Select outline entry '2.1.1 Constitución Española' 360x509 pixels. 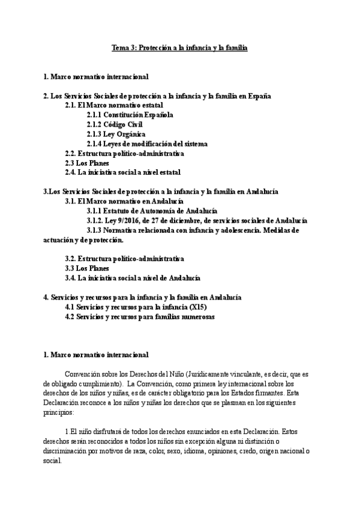(130, 115)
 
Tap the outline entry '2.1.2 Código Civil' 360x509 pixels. (115, 124)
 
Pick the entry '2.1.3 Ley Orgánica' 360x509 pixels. (116, 134)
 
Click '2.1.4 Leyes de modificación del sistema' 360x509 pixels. (147, 143)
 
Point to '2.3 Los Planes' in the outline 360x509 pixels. (87, 163)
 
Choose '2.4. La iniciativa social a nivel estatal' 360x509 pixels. (122, 172)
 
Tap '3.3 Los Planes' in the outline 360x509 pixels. (87, 268)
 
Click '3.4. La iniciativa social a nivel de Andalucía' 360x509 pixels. (133, 278)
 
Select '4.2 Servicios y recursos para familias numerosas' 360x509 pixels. (140, 316)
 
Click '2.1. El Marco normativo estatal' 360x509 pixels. (114, 105)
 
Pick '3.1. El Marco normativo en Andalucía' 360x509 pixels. (124, 201)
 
